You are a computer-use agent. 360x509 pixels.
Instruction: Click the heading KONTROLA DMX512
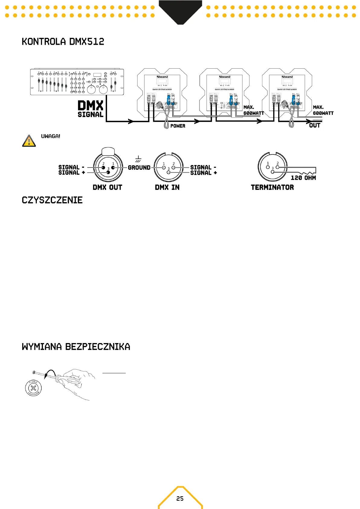click(x=63, y=42)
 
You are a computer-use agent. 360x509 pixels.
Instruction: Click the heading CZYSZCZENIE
click(x=52, y=200)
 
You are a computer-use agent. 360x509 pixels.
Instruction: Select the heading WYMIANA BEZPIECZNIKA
click(x=76, y=347)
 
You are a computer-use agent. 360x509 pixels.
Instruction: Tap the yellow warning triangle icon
click(x=29, y=141)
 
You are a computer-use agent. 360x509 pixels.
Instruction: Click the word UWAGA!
click(x=50, y=136)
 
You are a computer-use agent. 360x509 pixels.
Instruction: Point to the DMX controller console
click(x=77, y=82)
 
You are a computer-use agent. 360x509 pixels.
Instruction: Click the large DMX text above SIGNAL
click(x=90, y=106)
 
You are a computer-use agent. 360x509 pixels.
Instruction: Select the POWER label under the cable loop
click(x=178, y=126)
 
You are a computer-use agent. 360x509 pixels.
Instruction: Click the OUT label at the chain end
click(x=314, y=125)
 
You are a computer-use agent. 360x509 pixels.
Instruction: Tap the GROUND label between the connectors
click(x=139, y=168)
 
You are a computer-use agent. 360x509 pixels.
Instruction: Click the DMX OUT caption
click(x=107, y=187)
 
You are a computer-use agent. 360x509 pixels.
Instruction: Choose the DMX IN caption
click(x=167, y=187)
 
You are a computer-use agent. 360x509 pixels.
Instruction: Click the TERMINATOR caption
click(x=272, y=187)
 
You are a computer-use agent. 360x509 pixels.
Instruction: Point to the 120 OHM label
click(x=303, y=178)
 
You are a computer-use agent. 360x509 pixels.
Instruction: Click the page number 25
click(x=180, y=498)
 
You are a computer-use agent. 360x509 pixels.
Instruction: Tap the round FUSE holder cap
click(x=34, y=388)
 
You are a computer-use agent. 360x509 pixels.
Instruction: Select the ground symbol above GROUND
click(x=138, y=159)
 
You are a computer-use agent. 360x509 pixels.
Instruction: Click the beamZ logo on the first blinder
click(x=162, y=77)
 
